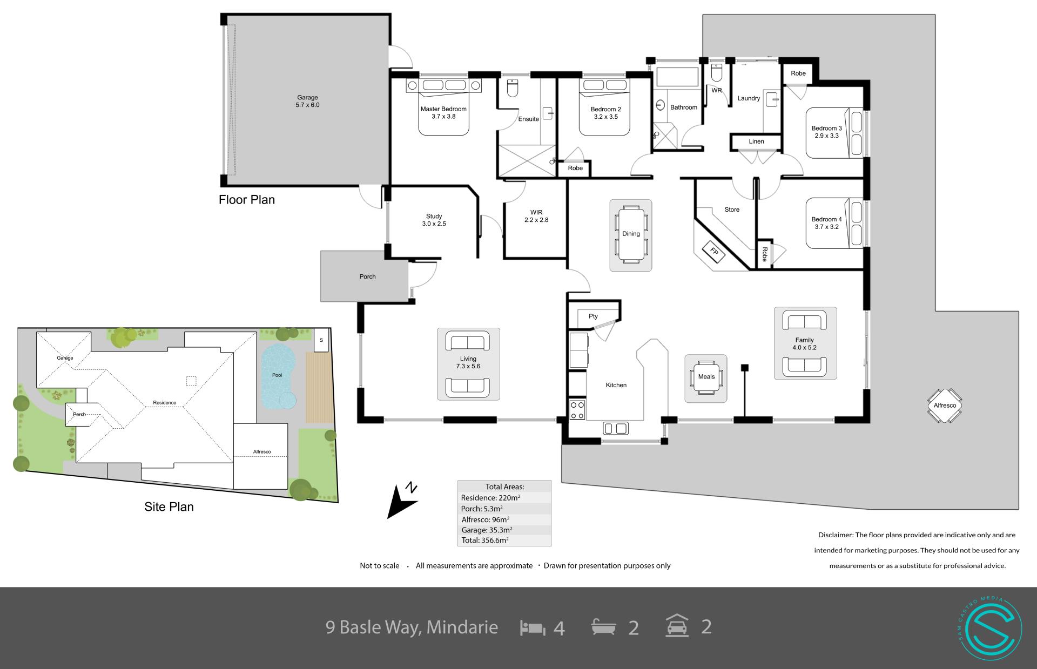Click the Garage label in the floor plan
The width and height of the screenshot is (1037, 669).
click(x=307, y=98)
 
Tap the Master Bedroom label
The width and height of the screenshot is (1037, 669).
click(x=443, y=109)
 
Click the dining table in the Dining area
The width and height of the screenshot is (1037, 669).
click(x=631, y=234)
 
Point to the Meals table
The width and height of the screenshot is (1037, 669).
click(x=706, y=377)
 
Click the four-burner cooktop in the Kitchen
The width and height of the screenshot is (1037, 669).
click(x=577, y=410)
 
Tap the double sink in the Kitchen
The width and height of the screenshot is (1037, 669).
click(x=616, y=429)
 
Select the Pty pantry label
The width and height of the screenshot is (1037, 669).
click(x=593, y=316)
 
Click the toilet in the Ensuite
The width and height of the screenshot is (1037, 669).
click(x=513, y=87)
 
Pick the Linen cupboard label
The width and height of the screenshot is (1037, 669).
click(x=756, y=141)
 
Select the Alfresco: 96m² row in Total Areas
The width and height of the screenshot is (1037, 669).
click(x=485, y=519)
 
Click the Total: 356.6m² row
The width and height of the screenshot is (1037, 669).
click(x=485, y=540)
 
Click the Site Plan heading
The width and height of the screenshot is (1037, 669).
click(x=169, y=507)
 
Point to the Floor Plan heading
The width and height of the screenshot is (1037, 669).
click(x=247, y=200)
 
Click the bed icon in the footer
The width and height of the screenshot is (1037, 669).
click(x=533, y=627)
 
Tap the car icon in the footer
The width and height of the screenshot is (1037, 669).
click(x=677, y=626)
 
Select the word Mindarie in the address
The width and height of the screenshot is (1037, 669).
click(x=462, y=627)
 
